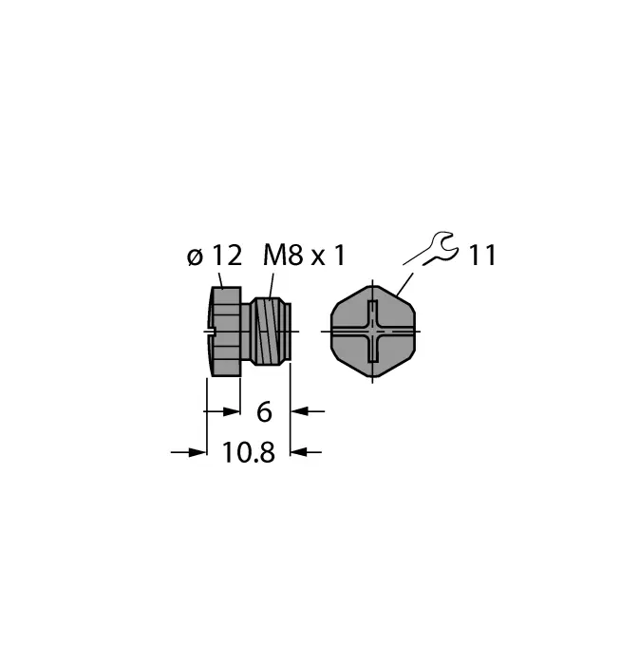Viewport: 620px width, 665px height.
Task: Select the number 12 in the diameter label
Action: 225,255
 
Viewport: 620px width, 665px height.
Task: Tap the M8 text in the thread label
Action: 282,255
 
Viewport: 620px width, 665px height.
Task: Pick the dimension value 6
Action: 264,411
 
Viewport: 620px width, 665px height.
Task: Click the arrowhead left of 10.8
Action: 197,452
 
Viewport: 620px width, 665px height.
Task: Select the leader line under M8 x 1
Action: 271,283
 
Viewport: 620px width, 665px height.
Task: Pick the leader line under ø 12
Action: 221,279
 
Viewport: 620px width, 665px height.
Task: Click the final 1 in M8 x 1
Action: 339,255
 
